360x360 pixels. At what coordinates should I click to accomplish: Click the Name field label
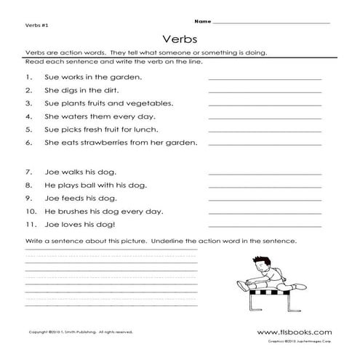[204, 22]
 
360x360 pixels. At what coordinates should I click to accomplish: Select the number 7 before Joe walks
[27, 172]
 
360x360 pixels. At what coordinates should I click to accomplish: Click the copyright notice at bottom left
[71, 331]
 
